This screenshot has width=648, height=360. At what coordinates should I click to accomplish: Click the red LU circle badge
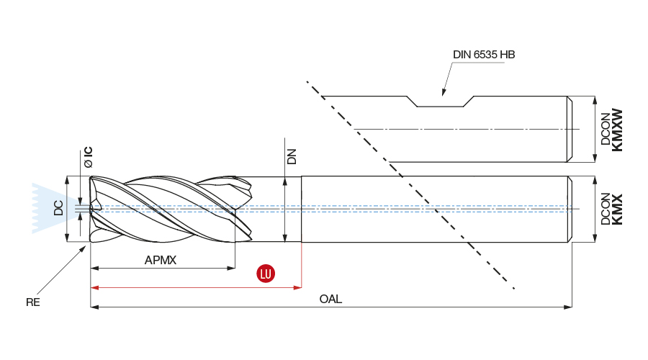(266, 274)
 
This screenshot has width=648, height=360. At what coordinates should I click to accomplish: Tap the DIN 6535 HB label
(484, 55)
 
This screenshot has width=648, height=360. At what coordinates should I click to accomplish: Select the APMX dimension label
(160, 261)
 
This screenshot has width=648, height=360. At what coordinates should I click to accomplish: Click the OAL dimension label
(330, 299)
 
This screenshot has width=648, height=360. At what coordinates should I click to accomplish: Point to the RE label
(33, 302)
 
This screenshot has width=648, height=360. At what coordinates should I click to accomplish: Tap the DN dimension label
(292, 156)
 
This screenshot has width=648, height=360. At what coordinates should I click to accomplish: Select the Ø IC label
(88, 157)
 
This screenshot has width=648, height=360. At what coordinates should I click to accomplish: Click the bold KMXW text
(617, 130)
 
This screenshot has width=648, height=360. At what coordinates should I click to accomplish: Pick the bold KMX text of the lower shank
(617, 210)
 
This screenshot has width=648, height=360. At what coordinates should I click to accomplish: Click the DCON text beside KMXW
(605, 130)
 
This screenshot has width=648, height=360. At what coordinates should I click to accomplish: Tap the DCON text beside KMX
(605, 210)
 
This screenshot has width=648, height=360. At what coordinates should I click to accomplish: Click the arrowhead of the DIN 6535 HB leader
(444, 94)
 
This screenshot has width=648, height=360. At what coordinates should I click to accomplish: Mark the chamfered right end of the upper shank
(571, 129)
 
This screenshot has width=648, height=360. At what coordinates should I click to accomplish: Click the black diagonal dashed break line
(410, 184)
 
